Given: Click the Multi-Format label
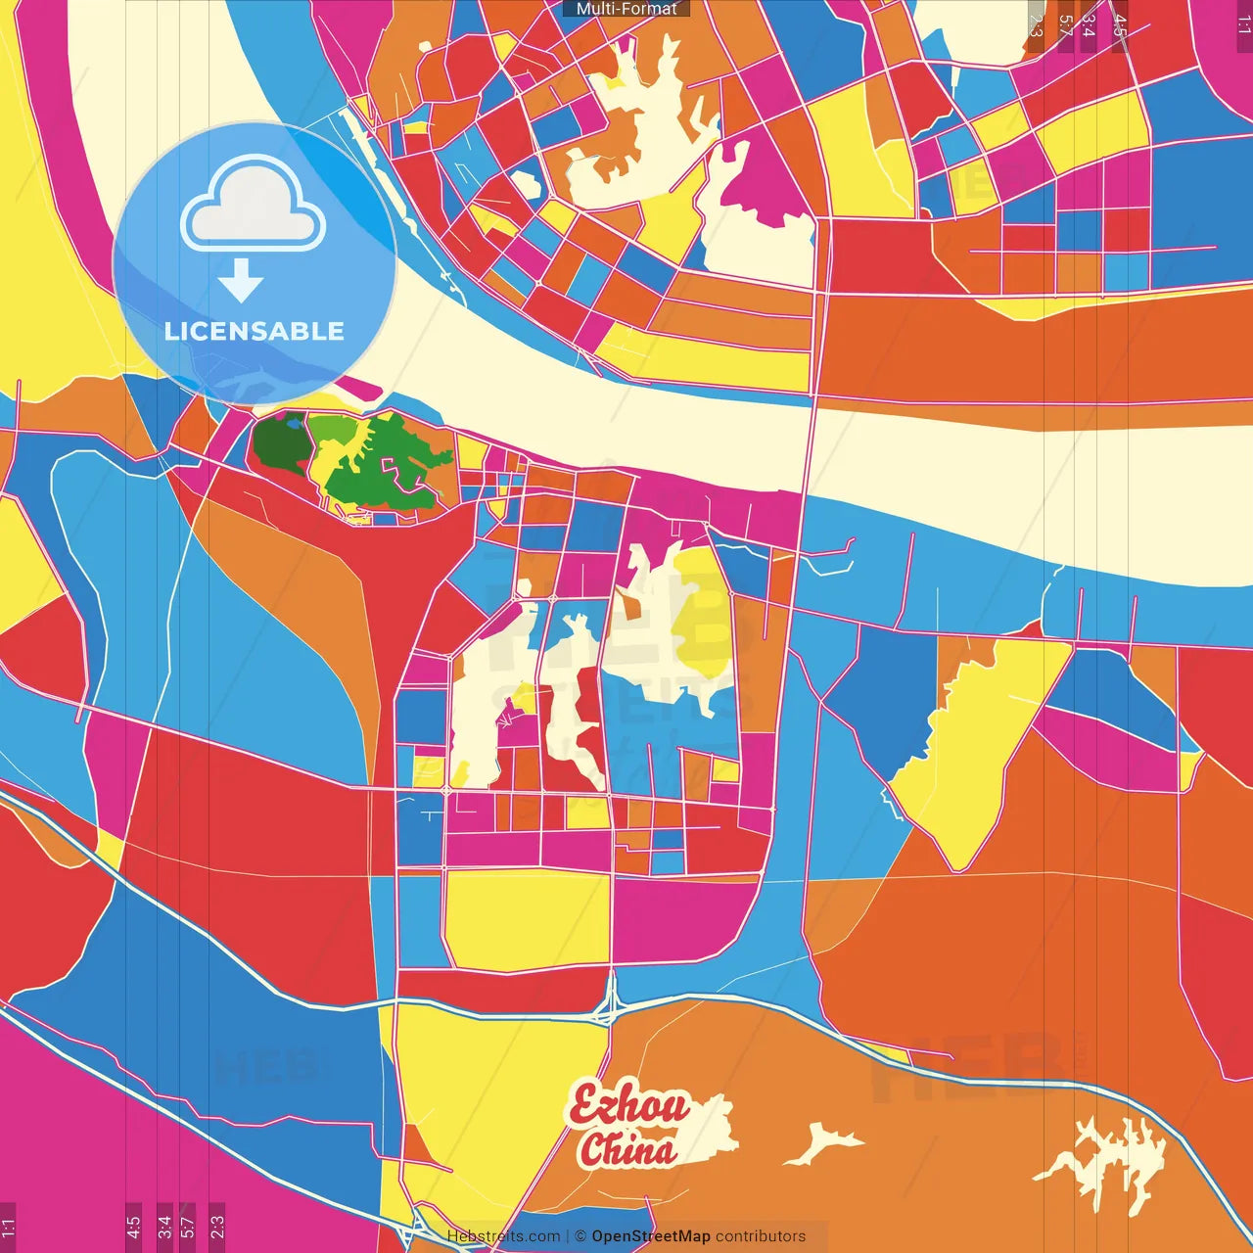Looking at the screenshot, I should tap(626, 9).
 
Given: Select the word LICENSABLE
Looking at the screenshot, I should tap(255, 331).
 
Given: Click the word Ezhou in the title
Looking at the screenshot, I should tap(629, 1107).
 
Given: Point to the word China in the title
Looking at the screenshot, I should tap(627, 1150).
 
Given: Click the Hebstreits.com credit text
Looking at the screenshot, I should tap(503, 1236).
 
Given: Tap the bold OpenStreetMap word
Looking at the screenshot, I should tap(651, 1236).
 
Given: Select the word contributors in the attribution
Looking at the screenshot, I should tap(761, 1236).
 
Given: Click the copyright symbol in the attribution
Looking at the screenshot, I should tap(580, 1236).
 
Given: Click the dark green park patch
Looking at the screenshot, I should tap(279, 445).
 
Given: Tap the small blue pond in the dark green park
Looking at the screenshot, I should tap(294, 425).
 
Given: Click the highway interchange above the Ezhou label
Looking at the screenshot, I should tap(610, 1000).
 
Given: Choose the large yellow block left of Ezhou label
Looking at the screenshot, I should tap(489, 1077).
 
